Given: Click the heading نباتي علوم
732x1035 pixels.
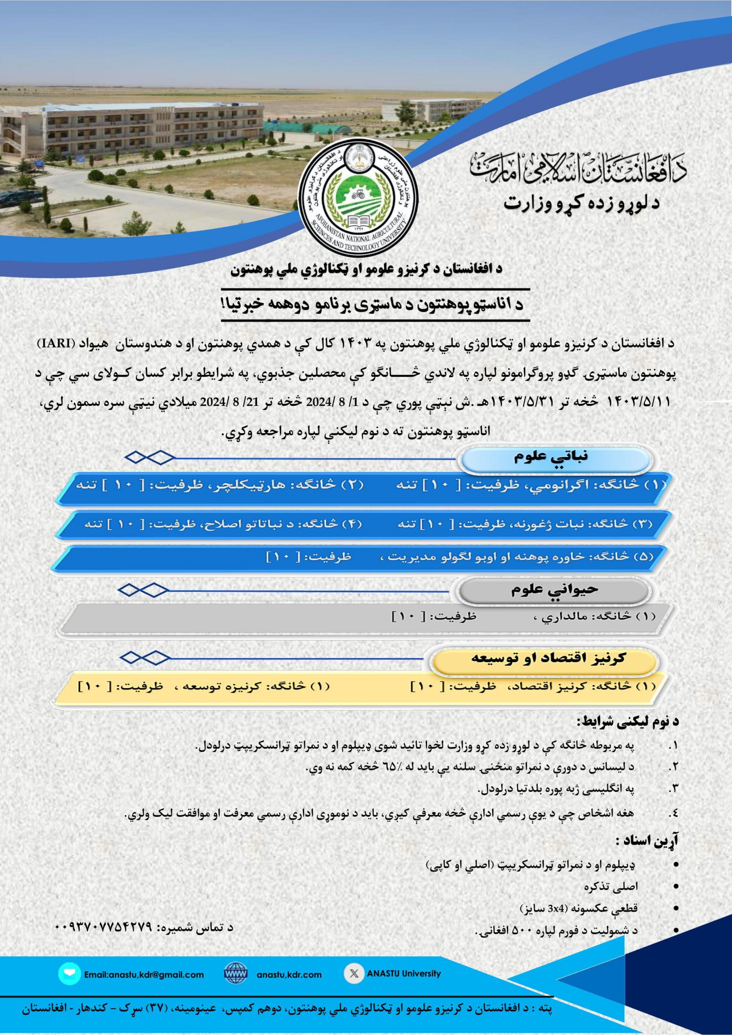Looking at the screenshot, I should tap(551, 457).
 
